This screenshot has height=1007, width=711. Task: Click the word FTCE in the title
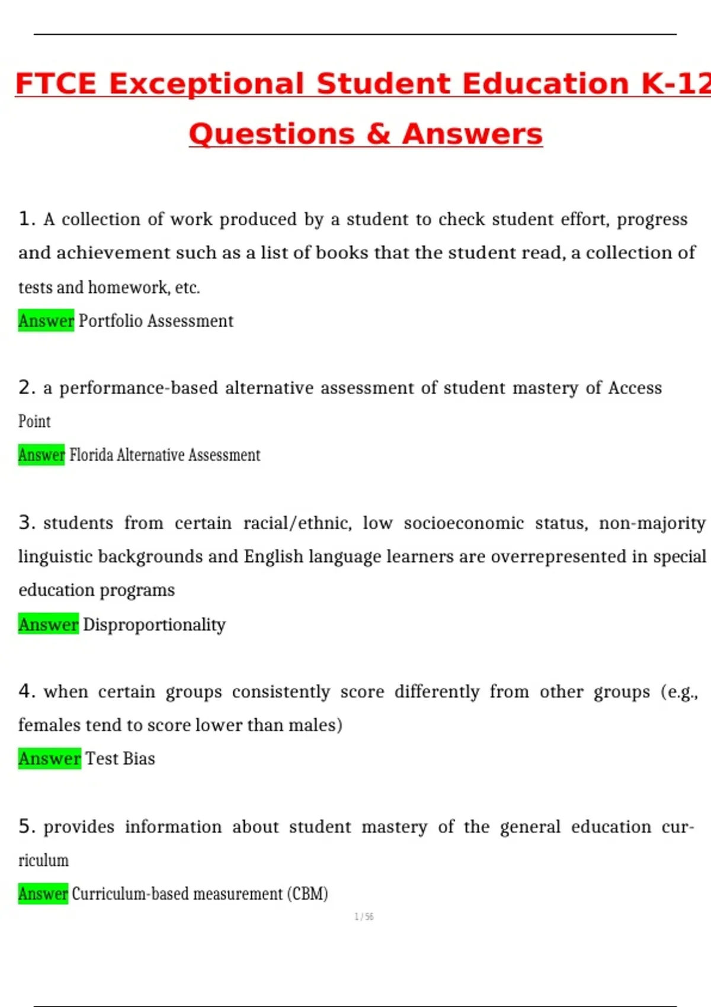[x=55, y=84]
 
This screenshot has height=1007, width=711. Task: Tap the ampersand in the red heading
[x=379, y=134]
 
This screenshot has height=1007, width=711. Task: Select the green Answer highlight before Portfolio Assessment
[x=46, y=320]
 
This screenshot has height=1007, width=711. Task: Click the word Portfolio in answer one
[x=111, y=320]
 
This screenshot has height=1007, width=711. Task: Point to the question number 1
[x=26, y=219]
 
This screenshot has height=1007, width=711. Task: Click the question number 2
[x=26, y=387]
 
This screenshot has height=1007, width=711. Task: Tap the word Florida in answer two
[x=91, y=455]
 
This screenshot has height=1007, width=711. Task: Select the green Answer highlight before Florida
[x=41, y=455]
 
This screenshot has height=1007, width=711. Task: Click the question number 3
[x=26, y=522]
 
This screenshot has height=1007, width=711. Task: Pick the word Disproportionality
[x=154, y=624]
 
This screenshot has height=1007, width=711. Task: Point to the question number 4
[x=26, y=691]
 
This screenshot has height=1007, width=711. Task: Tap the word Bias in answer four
[x=139, y=759]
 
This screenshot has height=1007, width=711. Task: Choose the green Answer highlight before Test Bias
[x=49, y=759]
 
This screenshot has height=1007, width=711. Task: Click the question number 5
[x=26, y=826]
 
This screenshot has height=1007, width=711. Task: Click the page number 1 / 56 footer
[x=364, y=917]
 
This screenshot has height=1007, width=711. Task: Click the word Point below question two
[x=34, y=421]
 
